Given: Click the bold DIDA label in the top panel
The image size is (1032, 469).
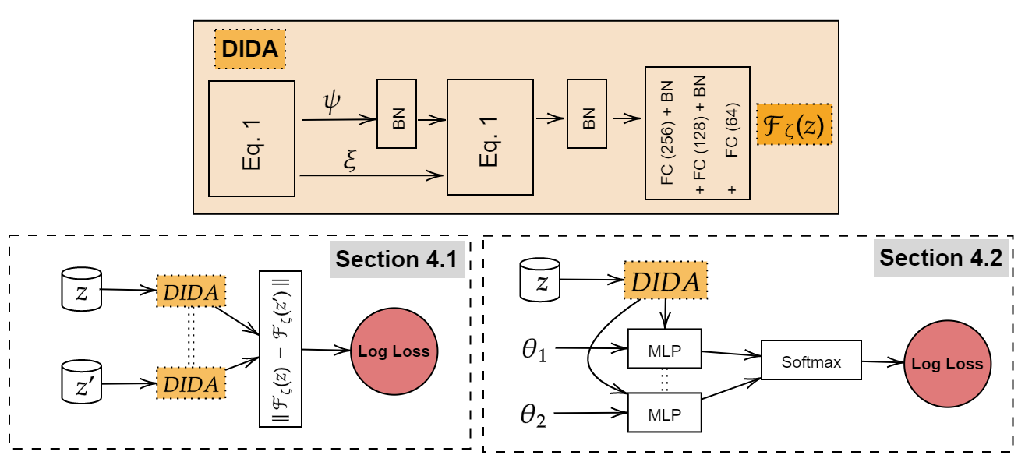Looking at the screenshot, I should point(249,49).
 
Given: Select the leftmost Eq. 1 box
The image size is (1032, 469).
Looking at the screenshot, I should point(251,139).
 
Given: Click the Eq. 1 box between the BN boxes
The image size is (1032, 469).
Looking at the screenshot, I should point(489,137).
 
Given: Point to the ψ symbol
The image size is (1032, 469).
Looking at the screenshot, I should point(332,102).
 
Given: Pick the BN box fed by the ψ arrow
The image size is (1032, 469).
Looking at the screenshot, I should point(397,114).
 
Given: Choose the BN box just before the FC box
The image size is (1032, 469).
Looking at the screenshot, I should point(587,114).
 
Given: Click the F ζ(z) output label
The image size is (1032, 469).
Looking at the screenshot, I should point(793,125).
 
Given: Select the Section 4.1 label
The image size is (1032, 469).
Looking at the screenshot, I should point(397,259).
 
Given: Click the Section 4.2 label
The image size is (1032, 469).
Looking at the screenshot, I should point(941,258).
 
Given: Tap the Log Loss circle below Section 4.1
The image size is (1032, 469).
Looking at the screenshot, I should point(394,351).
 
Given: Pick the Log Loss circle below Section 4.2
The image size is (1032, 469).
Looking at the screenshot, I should point(947,364).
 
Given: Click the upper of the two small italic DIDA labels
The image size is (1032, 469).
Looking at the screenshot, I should point(191,291).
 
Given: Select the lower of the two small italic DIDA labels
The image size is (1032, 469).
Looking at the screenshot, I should point(191,383).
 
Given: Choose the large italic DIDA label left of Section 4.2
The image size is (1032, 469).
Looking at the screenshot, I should point(666,280).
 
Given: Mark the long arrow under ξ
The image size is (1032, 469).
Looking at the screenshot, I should point(371,176).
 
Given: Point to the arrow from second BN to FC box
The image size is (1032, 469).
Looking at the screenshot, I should point(626,118).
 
